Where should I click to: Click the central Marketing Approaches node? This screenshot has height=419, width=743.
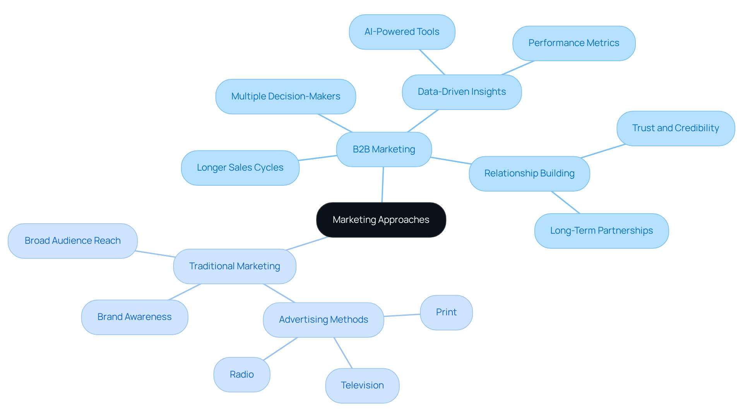tap(381, 220)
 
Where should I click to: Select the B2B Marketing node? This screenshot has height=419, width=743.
tap(384, 149)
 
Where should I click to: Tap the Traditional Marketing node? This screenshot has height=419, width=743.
tap(235, 266)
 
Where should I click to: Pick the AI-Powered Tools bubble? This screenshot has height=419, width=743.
tap(402, 32)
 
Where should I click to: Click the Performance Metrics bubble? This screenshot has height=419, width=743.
tap(574, 43)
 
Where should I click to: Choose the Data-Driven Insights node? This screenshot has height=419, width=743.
tap(462, 92)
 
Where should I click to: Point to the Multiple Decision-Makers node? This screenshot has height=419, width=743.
tap(286, 96)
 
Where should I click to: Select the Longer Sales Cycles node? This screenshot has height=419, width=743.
tap(240, 168)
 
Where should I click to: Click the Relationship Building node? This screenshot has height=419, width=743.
tap(529, 173)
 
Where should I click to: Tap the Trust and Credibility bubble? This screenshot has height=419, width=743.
tap(675, 128)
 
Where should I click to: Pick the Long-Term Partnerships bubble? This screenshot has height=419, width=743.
tap(601, 231)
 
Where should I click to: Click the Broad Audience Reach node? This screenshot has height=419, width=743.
tap(73, 241)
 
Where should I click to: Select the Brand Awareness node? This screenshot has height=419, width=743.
tap(134, 317)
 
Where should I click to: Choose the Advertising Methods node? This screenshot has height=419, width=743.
tap(324, 320)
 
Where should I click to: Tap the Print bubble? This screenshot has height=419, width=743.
tap(446, 312)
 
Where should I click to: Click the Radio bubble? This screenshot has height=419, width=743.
tap(242, 375)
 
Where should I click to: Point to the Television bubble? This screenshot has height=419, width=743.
tap(362, 385)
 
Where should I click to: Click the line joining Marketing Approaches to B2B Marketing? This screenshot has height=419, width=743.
tap(383, 185)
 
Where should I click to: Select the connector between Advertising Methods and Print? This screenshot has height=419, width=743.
tap(402, 315)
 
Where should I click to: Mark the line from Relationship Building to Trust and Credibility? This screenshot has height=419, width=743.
tap(603, 151)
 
